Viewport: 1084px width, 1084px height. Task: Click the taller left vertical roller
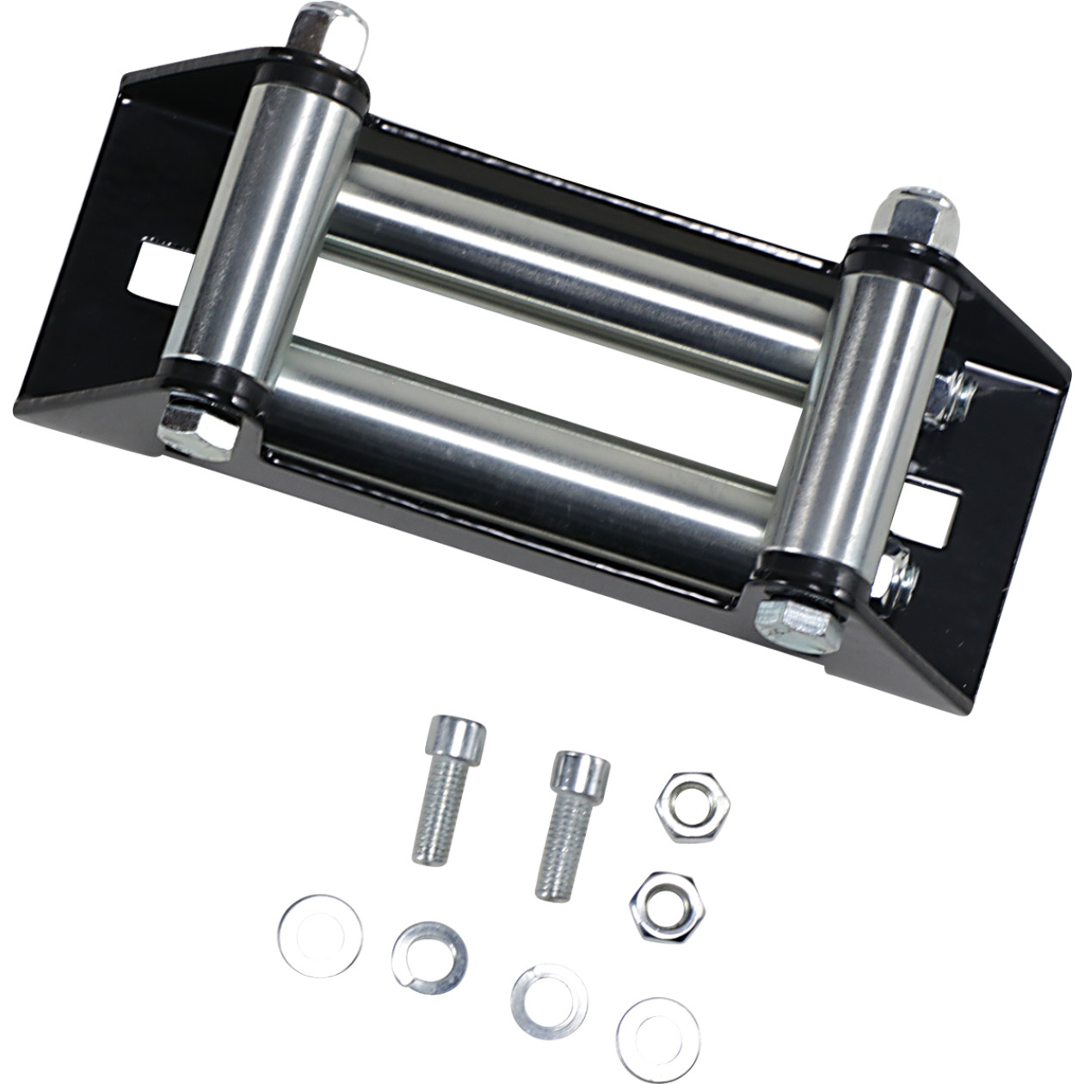point(274,233)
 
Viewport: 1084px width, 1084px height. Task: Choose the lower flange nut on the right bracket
point(899,573)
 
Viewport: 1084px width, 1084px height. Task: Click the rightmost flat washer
point(658,1033)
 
